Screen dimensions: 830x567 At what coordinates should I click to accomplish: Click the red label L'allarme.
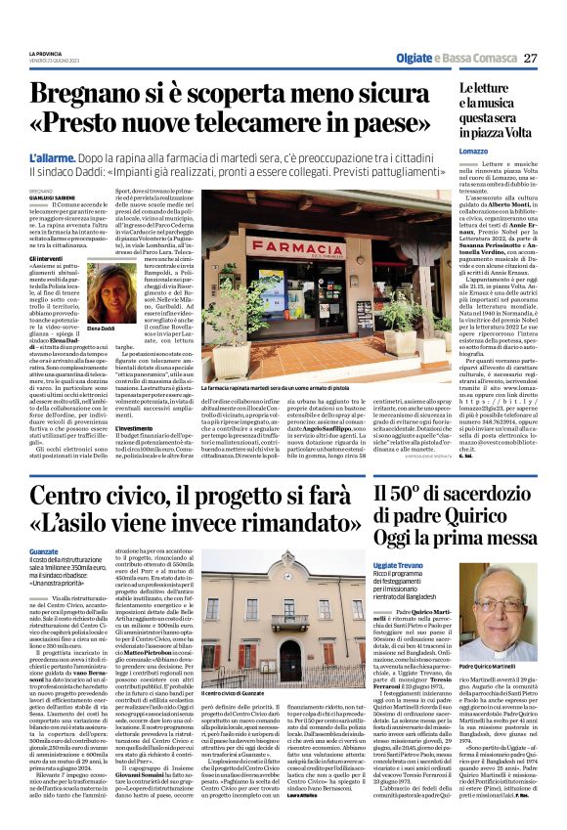coord(48,157)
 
